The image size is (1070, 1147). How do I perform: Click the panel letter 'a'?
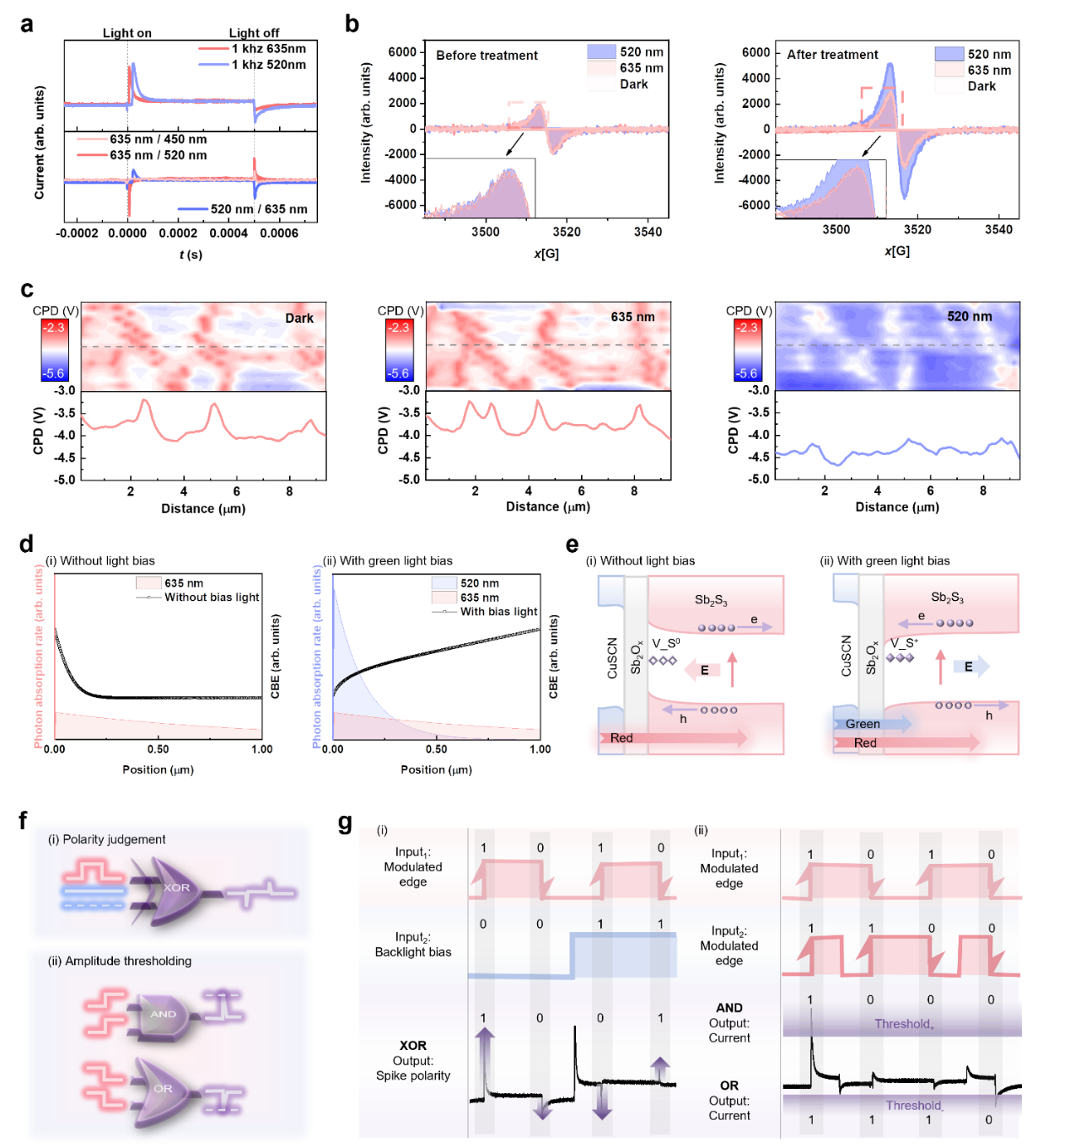[x=26, y=24]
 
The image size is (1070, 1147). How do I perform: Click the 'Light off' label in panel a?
[x=254, y=33]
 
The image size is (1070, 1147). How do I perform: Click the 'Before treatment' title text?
[x=487, y=56]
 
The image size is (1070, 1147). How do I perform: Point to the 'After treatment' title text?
[x=832, y=55]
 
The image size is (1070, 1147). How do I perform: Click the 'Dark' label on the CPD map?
[x=298, y=319]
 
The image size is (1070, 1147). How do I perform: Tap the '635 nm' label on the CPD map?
[x=632, y=317]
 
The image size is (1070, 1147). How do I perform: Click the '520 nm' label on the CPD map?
[x=969, y=317]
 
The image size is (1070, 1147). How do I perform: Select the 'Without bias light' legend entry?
[x=212, y=598]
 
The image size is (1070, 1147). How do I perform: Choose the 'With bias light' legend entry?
[x=498, y=612]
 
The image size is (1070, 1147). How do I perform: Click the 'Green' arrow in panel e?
[x=871, y=724]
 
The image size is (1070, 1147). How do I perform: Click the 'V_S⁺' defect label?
[x=904, y=643]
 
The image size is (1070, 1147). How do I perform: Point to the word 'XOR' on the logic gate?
[x=176, y=887]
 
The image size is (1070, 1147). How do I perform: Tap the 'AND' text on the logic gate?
[x=163, y=1014]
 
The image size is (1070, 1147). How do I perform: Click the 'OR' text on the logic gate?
[x=163, y=1089]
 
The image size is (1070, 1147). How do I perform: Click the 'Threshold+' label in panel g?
[x=904, y=1025]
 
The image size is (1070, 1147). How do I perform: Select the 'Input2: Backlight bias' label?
[x=413, y=944]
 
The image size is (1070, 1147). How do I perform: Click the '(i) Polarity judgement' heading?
[x=106, y=839]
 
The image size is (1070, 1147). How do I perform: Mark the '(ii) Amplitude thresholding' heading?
[x=120, y=961]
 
